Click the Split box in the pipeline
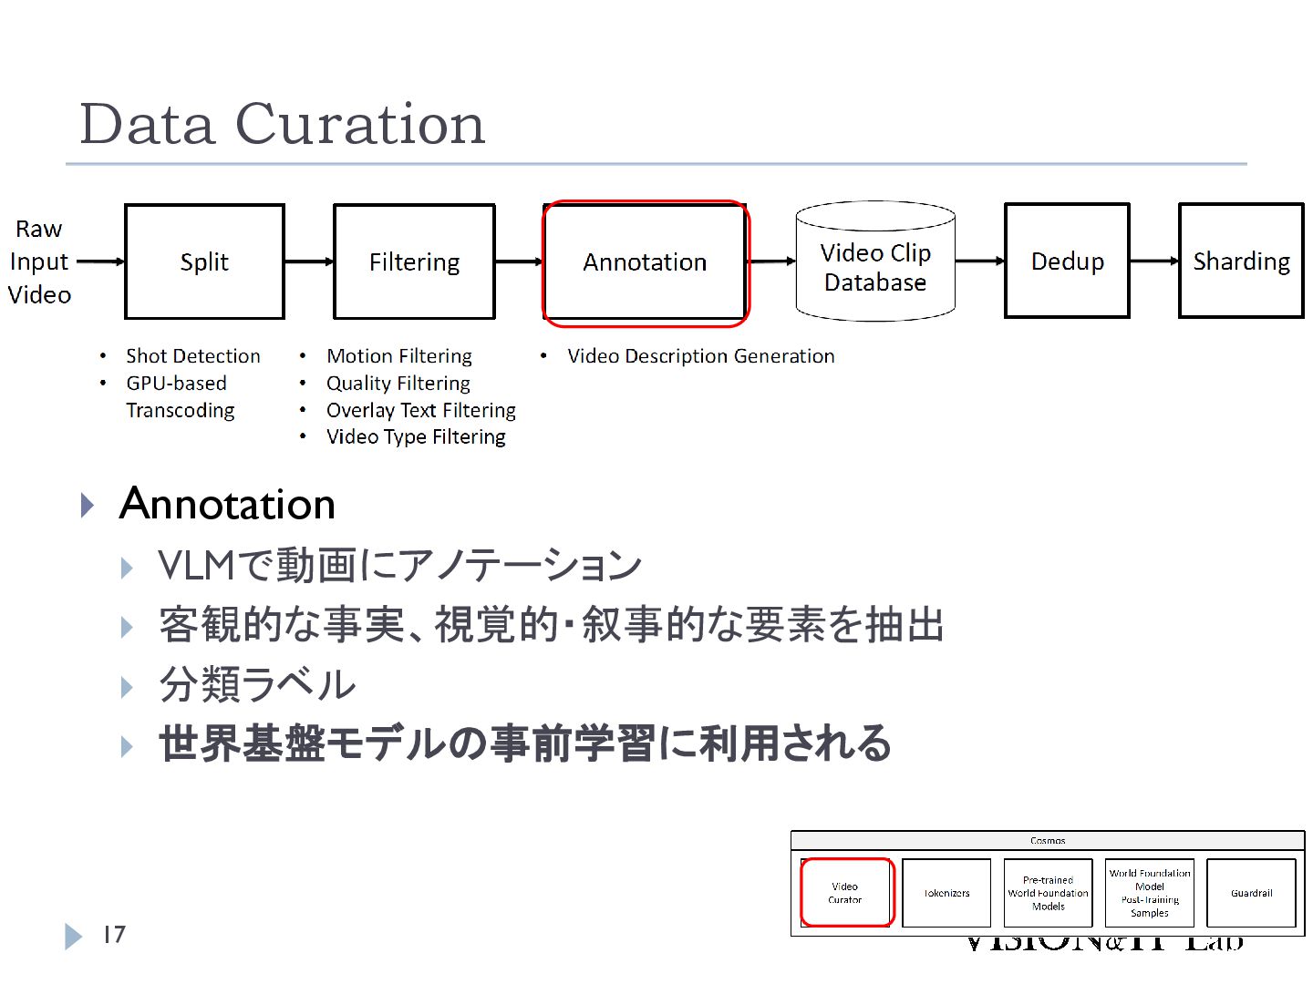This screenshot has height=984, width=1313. (x=204, y=261)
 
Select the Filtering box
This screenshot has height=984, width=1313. (x=414, y=261)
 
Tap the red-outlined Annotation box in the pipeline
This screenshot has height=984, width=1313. (x=645, y=262)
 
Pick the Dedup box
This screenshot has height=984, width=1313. (x=1067, y=261)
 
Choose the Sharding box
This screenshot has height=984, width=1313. (x=1241, y=261)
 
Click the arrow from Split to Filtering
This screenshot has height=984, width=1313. (x=309, y=261)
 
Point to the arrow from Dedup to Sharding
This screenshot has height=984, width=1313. (x=1154, y=261)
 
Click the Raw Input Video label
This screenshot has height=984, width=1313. (x=39, y=261)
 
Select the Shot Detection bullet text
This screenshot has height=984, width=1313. (x=193, y=356)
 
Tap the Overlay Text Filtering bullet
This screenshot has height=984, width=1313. (x=421, y=411)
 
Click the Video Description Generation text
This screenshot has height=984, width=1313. (x=700, y=356)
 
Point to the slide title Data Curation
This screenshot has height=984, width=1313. (x=283, y=124)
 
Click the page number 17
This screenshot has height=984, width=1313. (x=114, y=935)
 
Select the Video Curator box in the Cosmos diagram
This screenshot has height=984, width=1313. (x=845, y=893)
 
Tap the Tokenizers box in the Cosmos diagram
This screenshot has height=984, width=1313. (x=946, y=893)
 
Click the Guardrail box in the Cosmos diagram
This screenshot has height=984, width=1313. (x=1251, y=893)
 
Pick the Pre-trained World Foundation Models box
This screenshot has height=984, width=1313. (x=1048, y=893)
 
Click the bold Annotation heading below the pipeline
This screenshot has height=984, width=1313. (x=227, y=504)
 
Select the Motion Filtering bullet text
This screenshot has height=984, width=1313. (x=399, y=356)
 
